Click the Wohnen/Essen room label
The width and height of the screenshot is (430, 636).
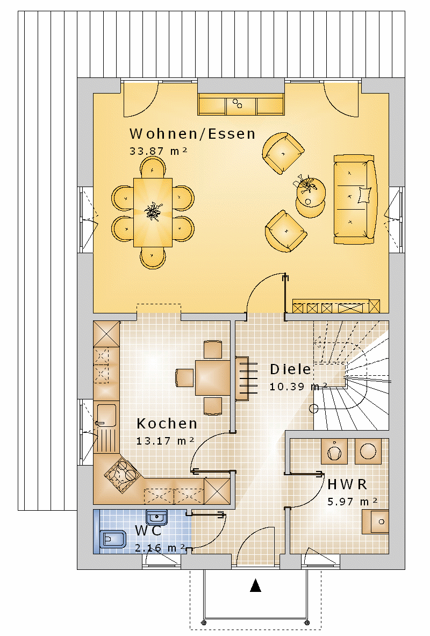point(192,133)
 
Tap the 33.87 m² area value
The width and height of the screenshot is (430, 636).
point(158,151)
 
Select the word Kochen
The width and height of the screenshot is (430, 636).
point(167,424)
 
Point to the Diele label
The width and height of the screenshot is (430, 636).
point(290,369)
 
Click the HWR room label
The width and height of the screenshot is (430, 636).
point(347,484)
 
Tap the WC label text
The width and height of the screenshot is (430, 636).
point(148,531)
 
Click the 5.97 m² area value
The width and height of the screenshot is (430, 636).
point(352,502)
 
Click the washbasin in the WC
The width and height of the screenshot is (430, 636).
point(156,518)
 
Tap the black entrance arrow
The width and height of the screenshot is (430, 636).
point(255,585)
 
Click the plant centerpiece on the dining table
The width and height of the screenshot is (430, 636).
point(153,211)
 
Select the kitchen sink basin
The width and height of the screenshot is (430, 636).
point(106,415)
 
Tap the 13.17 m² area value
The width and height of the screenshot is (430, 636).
point(165,441)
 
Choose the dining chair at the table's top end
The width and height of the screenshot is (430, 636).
point(153,167)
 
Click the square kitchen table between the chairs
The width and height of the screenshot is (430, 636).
point(212,377)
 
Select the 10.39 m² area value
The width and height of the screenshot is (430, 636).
point(298,387)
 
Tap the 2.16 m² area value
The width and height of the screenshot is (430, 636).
point(160,548)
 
